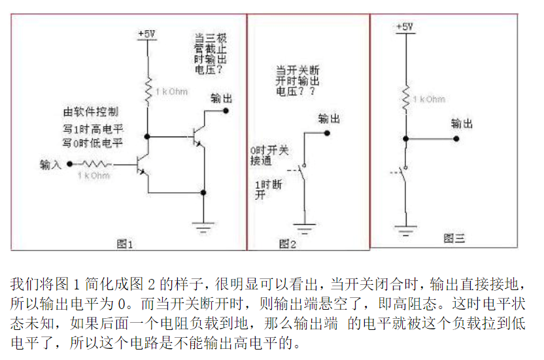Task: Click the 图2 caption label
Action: click(x=288, y=244)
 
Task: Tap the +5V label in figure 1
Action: click(x=146, y=33)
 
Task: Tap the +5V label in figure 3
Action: click(x=405, y=27)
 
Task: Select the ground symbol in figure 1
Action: click(x=204, y=227)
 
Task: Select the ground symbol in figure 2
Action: click(x=304, y=228)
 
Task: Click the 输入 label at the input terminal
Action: click(x=50, y=164)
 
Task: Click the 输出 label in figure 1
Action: click(x=221, y=98)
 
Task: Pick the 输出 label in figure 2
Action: click(x=328, y=119)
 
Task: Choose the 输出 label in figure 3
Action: click(x=462, y=123)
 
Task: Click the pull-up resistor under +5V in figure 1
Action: click(x=148, y=91)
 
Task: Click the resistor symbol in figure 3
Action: click(x=406, y=98)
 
